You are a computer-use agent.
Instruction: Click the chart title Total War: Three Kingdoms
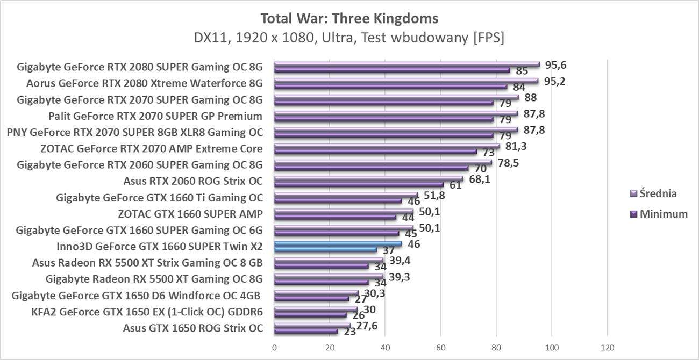coord(349,18)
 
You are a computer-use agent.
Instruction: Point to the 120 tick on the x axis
coord(607,348)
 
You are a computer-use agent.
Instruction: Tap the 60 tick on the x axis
coord(441,348)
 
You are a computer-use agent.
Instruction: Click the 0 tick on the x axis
coord(275,348)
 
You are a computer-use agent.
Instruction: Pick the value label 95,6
coord(555,65)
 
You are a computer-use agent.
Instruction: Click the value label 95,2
coord(554,81)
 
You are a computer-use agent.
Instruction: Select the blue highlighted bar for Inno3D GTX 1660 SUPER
coord(338,244)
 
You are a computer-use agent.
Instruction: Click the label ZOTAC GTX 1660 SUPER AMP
coord(190,214)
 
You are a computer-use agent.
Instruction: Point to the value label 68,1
coord(479,179)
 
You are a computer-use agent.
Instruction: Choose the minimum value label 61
coord(455,185)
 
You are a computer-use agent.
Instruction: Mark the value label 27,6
coord(367,326)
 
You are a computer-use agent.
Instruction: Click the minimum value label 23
coord(350,332)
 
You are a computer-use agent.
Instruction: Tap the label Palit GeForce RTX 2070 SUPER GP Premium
coord(155,116)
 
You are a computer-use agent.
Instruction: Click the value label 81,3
coord(516,146)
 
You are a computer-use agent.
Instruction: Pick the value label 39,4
coord(400,261)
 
